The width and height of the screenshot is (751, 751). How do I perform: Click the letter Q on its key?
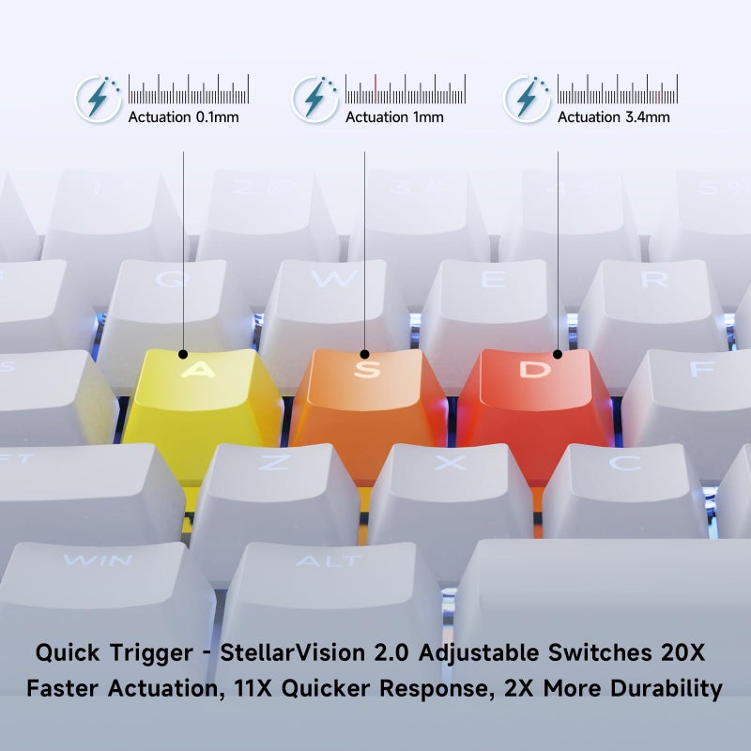[x=170, y=279]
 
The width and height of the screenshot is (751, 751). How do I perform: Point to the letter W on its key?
[x=334, y=278]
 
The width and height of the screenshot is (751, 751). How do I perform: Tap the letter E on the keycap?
[x=494, y=279]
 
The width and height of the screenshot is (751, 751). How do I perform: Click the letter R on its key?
[x=654, y=279]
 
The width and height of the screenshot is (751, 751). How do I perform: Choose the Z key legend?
[x=275, y=462]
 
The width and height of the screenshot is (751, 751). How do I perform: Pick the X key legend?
[x=450, y=462]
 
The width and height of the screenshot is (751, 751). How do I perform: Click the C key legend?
[x=625, y=462]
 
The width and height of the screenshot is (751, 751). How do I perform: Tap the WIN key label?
[x=98, y=559]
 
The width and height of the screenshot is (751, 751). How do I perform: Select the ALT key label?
[x=329, y=560]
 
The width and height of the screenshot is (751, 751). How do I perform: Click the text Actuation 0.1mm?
[x=183, y=116]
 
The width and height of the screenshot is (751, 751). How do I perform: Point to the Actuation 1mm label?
[x=394, y=116]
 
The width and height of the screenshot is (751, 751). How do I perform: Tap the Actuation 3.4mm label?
[x=614, y=116]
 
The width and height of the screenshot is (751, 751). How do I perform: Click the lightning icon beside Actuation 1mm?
[x=314, y=100]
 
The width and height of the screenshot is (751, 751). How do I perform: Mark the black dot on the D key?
[x=558, y=355]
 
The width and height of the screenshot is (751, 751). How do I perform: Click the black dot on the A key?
[x=183, y=355]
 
